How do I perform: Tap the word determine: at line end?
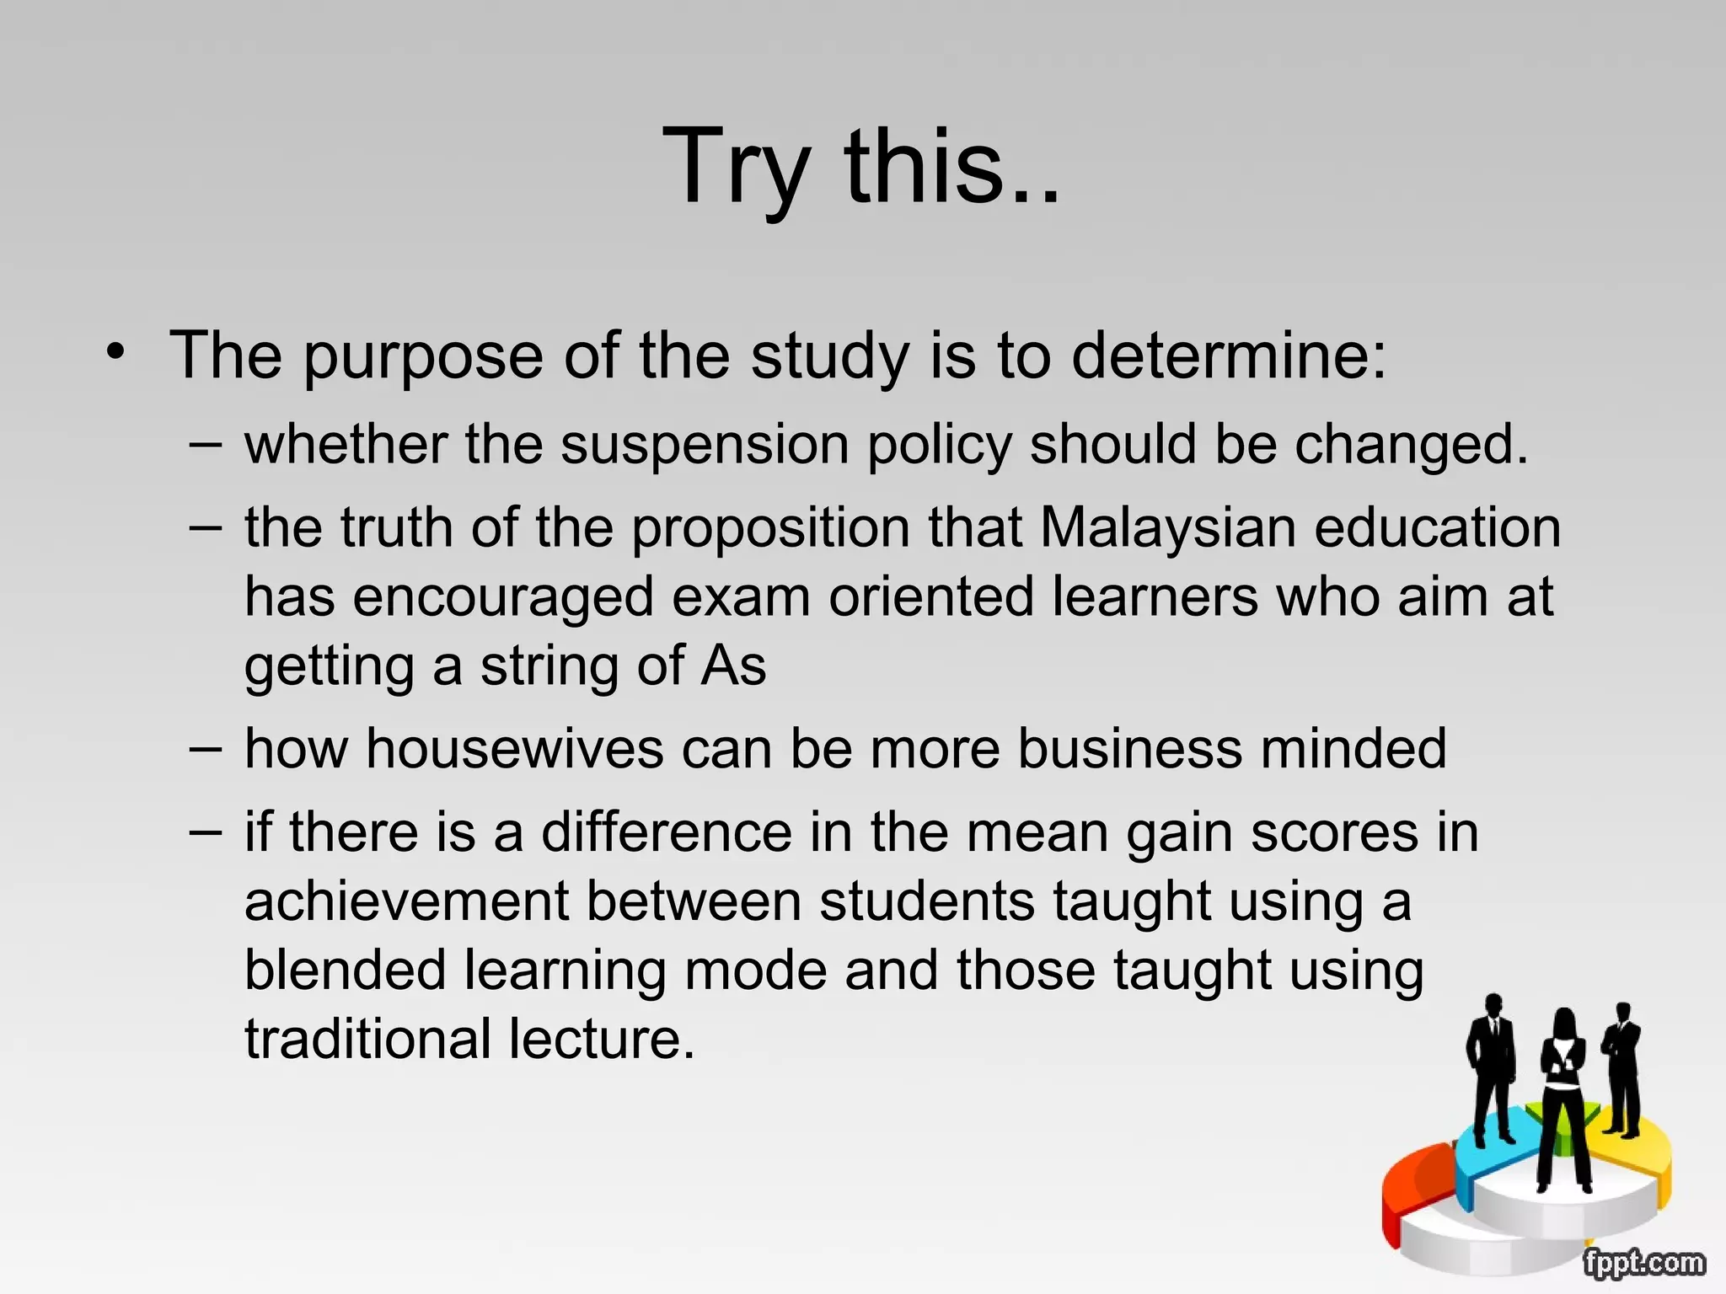(x=1228, y=356)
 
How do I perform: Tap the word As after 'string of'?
(x=733, y=666)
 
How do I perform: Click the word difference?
(x=666, y=832)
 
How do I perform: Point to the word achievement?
(x=406, y=901)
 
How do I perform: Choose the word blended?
(x=344, y=970)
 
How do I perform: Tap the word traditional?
(x=367, y=1040)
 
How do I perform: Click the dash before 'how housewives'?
(x=206, y=748)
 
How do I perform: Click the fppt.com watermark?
(x=1643, y=1263)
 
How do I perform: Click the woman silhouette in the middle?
(x=1563, y=1095)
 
